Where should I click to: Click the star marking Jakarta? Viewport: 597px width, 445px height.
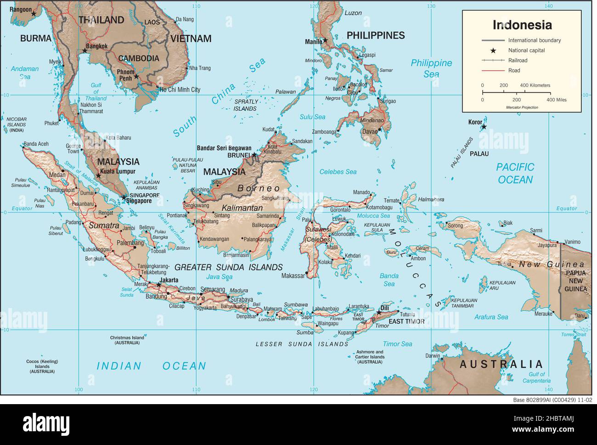point(159,285)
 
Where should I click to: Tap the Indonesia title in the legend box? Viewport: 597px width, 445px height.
point(522,24)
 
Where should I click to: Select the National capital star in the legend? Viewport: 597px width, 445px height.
point(493,51)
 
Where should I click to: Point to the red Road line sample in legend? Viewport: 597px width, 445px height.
point(494,71)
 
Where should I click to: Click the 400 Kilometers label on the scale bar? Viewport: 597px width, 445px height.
point(535,85)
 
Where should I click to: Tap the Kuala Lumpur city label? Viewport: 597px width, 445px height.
point(119,171)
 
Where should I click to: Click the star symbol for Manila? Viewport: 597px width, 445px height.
point(325,40)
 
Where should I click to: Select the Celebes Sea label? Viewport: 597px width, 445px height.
point(338,172)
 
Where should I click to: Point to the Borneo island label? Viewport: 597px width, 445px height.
point(259,188)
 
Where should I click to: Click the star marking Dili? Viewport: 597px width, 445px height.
point(378,313)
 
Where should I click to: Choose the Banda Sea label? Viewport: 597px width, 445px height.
point(389,280)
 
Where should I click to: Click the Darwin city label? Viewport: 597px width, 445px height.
point(432,356)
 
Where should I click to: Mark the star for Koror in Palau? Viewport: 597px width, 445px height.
point(483,127)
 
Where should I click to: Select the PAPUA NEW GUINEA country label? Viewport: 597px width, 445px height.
point(575,281)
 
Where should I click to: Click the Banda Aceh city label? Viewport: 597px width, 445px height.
point(36,144)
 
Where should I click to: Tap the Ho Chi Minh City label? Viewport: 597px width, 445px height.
point(180,90)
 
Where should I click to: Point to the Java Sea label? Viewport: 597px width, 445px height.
point(219,277)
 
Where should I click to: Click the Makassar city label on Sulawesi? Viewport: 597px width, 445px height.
point(293,276)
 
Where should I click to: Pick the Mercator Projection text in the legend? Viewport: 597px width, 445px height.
point(522,107)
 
